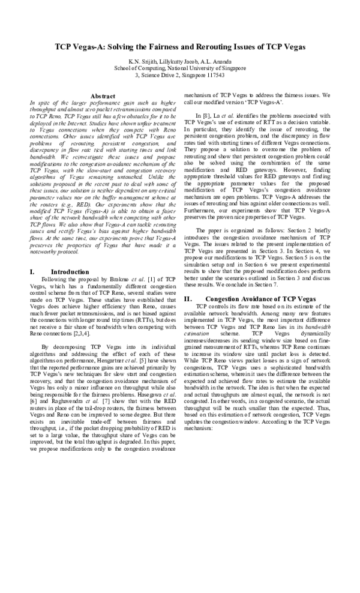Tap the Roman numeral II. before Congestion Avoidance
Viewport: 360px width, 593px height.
coord(188,298)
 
